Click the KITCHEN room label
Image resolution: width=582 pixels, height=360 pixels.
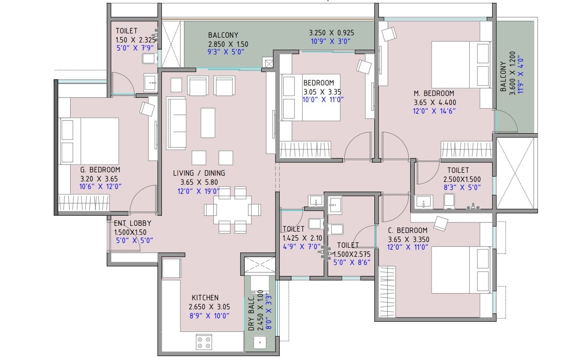205,297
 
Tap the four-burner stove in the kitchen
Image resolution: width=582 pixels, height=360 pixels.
204,342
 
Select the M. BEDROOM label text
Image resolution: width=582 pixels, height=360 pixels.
434,94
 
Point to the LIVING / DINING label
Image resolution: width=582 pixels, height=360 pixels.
199,173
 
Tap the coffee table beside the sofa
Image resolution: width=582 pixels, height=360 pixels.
208,123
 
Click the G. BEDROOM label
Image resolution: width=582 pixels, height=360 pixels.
100,169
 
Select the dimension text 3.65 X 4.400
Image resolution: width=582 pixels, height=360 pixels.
435,102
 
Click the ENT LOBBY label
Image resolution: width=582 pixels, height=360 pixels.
132,223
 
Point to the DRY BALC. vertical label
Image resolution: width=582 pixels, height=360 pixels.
251,313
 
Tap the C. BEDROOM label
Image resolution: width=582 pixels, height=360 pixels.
408,231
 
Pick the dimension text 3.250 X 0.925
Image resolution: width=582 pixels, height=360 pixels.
331,33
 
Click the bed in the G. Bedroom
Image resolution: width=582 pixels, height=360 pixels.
89,141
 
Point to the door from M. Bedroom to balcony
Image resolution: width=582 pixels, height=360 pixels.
506,121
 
